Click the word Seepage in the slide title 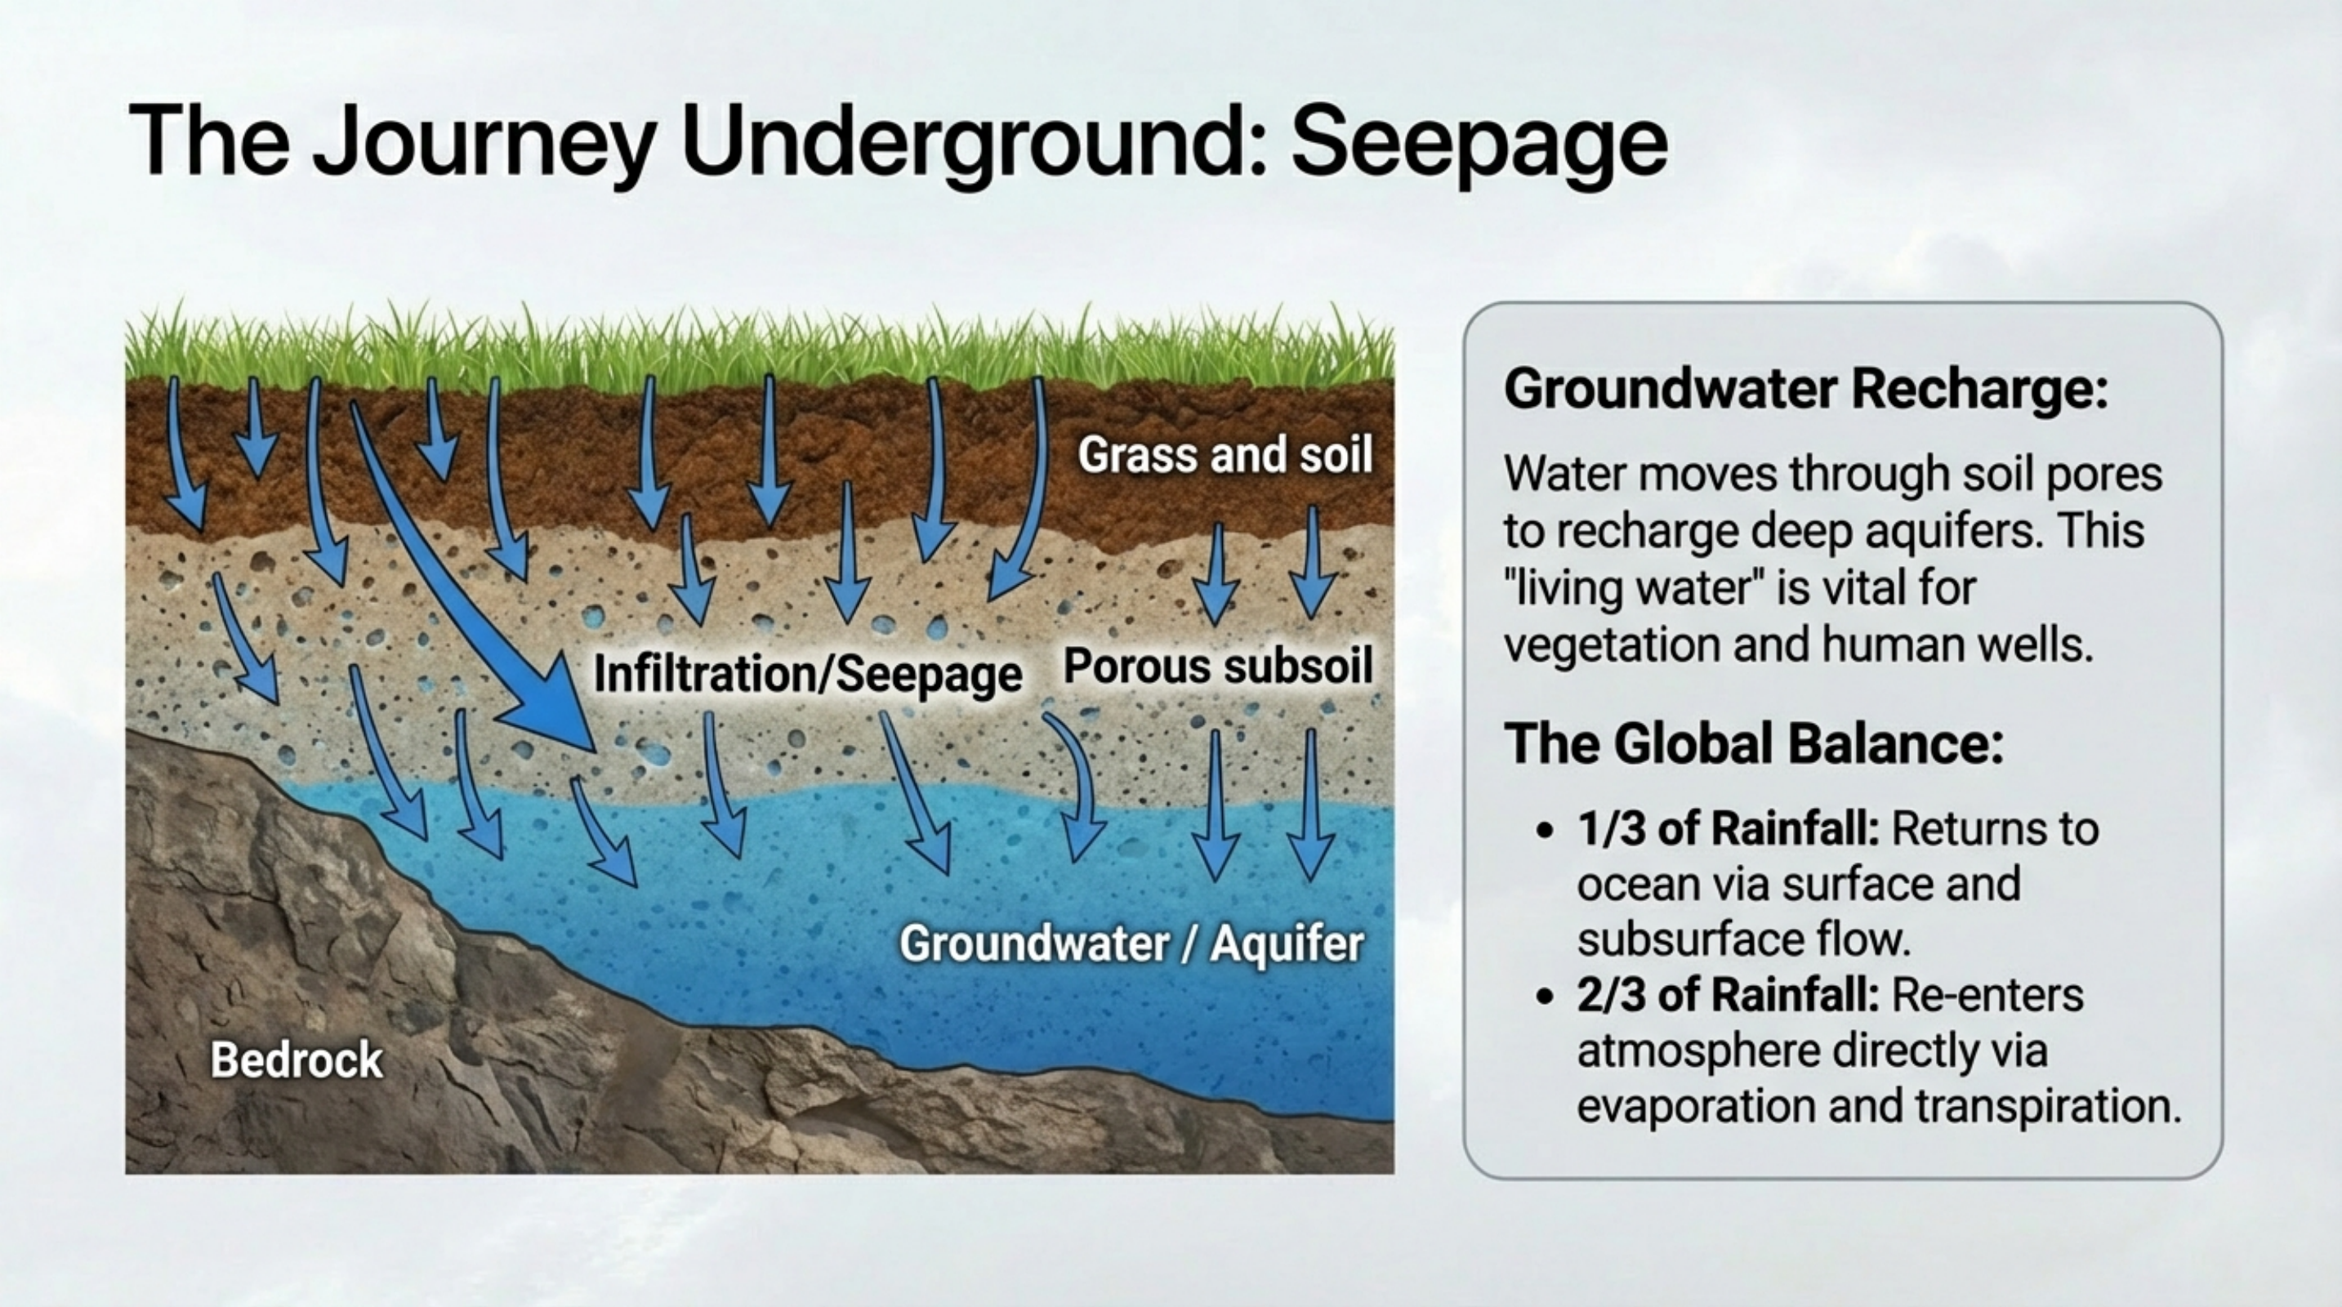[x=1479, y=144]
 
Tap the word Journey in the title [x=484, y=144]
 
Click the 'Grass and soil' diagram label [x=1225, y=453]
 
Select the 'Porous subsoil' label [x=1217, y=667]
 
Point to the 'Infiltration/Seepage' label [x=807, y=673]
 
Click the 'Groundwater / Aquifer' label [x=1132, y=943]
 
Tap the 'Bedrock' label [x=297, y=1059]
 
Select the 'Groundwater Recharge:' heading [x=1805, y=389]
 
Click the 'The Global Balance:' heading [x=1754, y=743]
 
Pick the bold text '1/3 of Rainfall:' [x=1728, y=829]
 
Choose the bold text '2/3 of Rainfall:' [x=1728, y=994]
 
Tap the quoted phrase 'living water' [x=1627, y=588]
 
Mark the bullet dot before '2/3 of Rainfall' [x=1544, y=996]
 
